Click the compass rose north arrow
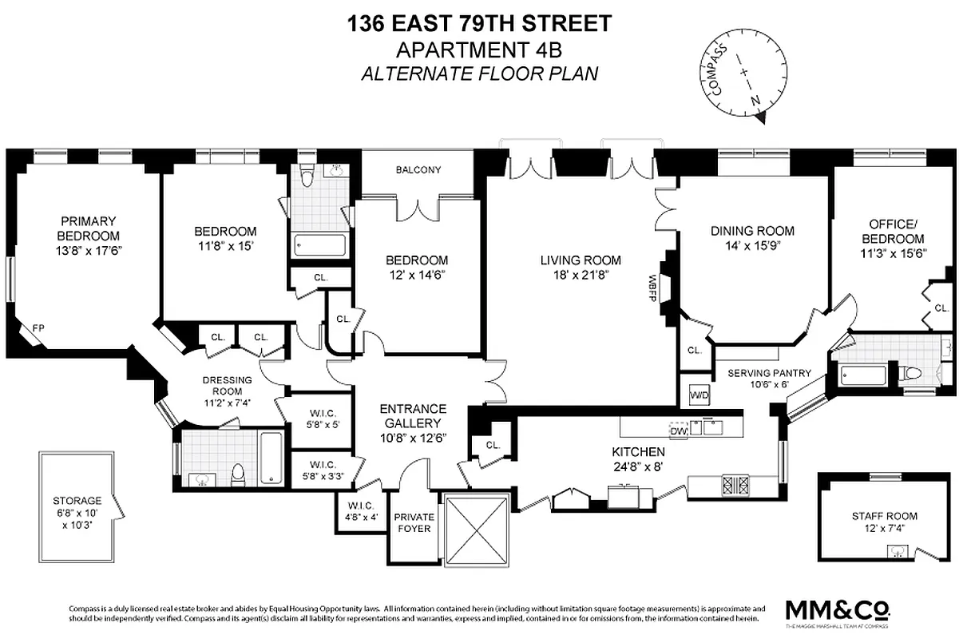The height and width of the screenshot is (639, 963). [759, 117]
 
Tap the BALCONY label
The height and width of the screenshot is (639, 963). [418, 169]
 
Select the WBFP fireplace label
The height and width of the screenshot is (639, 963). [653, 283]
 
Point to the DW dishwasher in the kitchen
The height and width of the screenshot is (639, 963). [678, 431]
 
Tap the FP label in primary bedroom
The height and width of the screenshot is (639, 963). [38, 327]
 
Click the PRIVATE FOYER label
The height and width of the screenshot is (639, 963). [414, 522]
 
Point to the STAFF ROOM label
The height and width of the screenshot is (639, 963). [884, 516]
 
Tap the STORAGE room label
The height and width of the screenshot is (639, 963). [78, 500]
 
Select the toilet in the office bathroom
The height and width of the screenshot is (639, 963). [912, 374]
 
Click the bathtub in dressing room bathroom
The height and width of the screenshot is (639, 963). [270, 458]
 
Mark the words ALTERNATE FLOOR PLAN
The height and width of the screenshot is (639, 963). [479, 73]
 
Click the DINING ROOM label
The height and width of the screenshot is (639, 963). [752, 231]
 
